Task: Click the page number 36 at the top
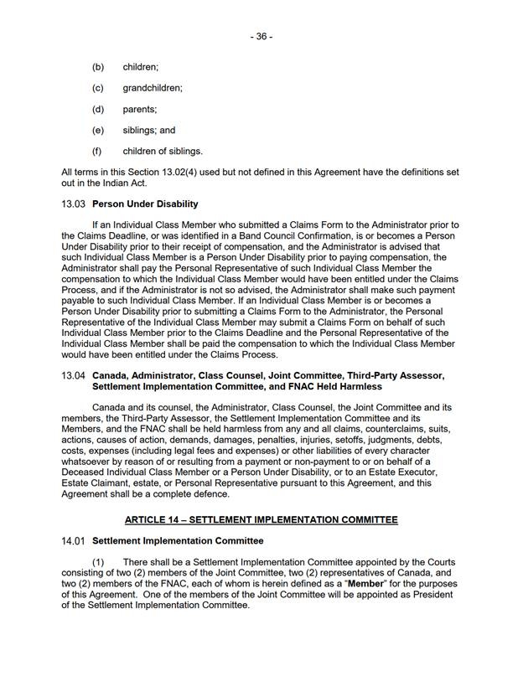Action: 261,37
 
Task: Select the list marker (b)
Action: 98,66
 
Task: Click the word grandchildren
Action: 153,88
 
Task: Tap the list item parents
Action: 140,109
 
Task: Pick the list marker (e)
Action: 98,131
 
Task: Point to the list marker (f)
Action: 98,152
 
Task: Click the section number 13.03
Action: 74,204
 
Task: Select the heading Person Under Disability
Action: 145,204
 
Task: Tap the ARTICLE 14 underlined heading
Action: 261,519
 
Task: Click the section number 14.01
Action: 74,541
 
